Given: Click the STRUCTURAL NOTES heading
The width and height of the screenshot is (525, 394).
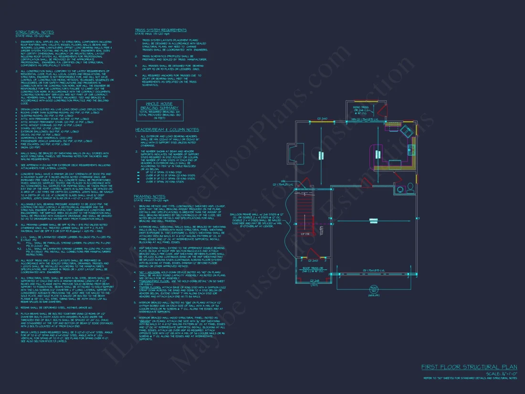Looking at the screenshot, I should [x=34, y=32].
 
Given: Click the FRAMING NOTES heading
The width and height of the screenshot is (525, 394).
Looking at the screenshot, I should [x=150, y=196].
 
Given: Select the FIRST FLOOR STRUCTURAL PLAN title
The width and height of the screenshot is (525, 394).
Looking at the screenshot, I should [x=468, y=367].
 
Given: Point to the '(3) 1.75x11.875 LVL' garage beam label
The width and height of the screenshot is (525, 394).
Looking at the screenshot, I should [x=375, y=271].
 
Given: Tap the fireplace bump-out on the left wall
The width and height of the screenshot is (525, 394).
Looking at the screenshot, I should [x=293, y=155].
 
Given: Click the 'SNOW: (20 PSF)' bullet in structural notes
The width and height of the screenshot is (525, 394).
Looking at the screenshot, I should [x=30, y=147].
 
